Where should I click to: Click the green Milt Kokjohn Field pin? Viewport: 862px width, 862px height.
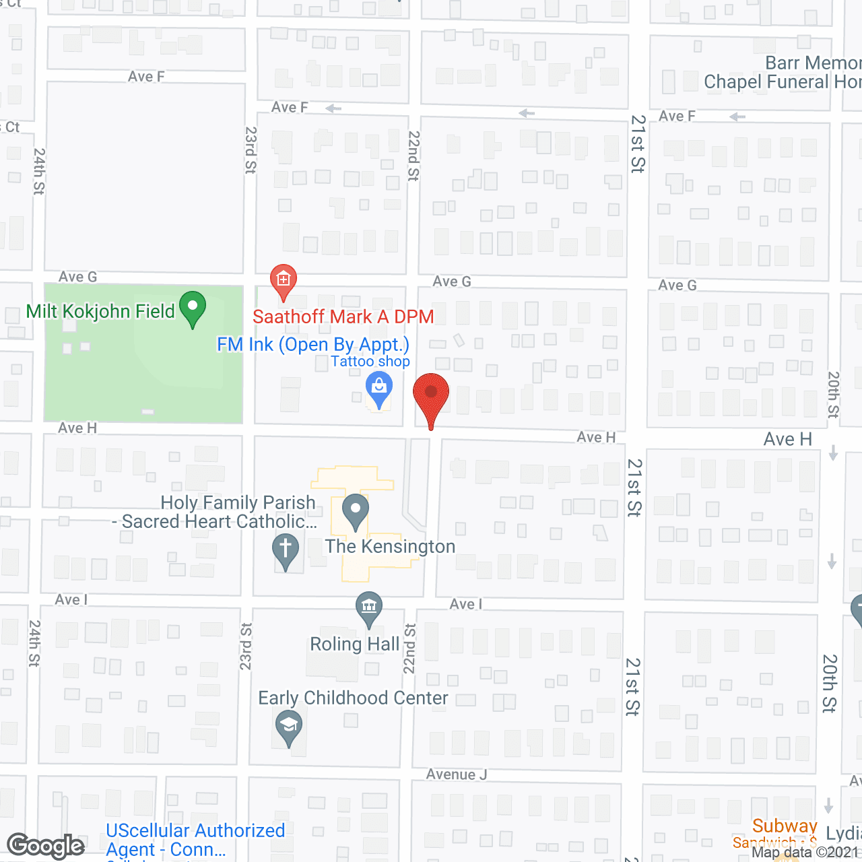pos(193,308)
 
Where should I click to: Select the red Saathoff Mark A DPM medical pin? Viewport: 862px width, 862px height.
pos(284,280)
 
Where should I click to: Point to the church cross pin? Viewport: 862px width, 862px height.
pos(286,549)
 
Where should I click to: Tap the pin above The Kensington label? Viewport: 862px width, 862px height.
pos(356,511)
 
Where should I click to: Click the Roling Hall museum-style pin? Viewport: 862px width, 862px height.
pos(368,607)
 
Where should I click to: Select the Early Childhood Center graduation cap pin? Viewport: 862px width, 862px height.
pos(289,727)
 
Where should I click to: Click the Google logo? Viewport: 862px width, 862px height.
pos(46,846)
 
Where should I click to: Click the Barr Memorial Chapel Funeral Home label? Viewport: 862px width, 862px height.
pos(781,73)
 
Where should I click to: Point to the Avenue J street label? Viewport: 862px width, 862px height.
pos(456,774)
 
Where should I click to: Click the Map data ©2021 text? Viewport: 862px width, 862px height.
pos(805,853)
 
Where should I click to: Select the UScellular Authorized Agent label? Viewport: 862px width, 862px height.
pos(195,840)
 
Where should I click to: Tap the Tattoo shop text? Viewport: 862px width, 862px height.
pos(370,362)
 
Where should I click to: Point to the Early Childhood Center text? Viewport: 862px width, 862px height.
pos(353,698)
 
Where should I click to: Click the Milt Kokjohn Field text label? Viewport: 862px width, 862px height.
pos(100,311)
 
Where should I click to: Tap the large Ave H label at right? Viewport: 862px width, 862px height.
pos(787,439)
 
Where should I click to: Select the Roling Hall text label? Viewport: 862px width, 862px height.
pos(355,644)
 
